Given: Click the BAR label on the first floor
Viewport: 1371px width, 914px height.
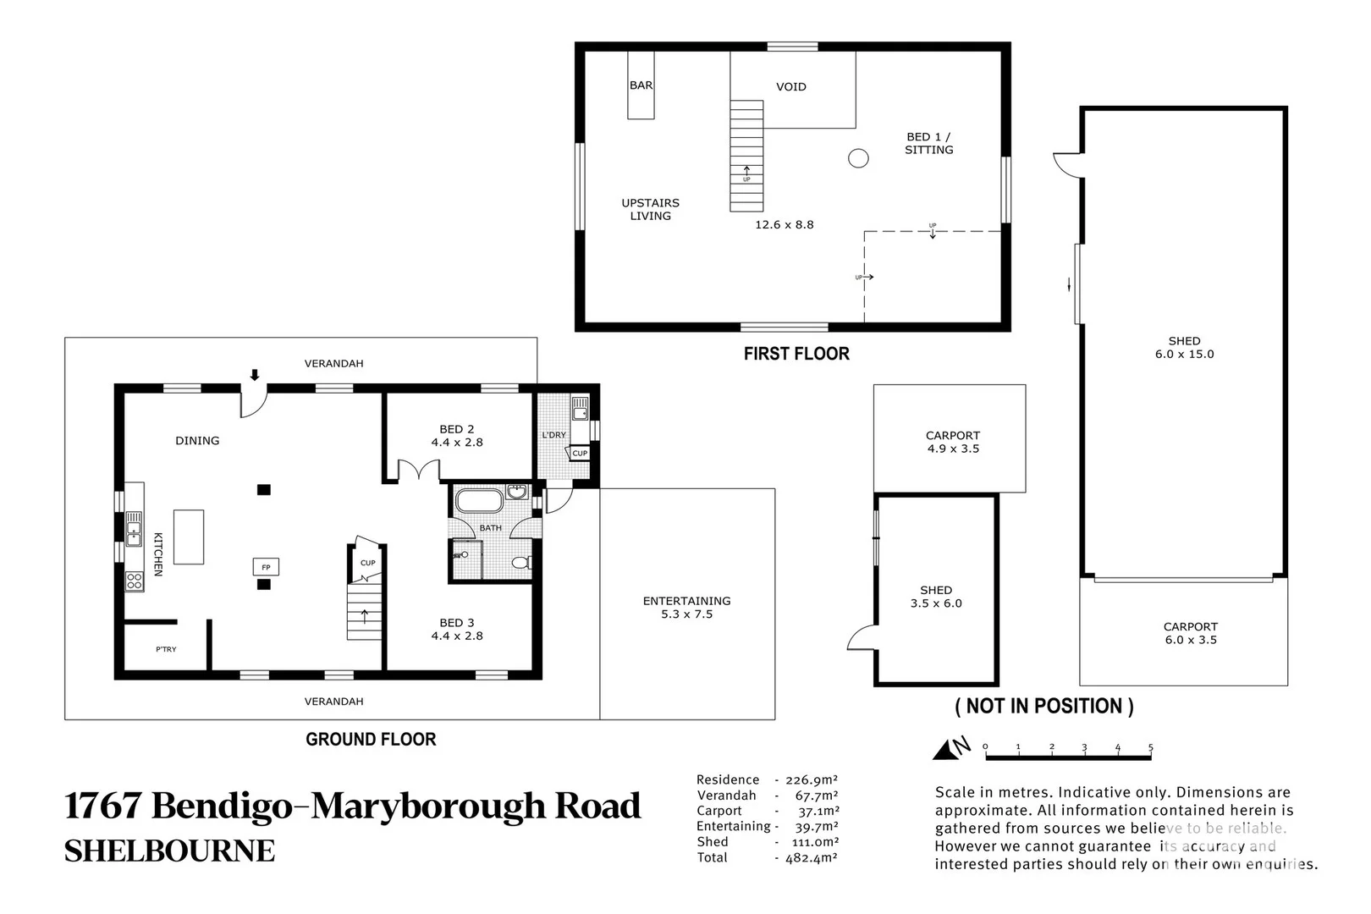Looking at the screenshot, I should coord(641,85).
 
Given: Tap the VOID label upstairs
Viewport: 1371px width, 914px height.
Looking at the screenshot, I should coord(790,86).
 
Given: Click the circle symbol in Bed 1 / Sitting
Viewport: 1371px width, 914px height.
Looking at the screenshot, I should coord(858,158).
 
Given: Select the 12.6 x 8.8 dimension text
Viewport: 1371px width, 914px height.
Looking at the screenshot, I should coord(784,225).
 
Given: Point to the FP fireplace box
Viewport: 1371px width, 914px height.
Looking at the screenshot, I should coord(265,566).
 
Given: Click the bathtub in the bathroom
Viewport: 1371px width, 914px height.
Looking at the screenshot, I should coord(479,501).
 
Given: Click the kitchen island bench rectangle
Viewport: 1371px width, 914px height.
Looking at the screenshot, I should coord(189,537).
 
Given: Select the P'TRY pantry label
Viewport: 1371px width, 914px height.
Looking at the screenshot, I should coord(166,649).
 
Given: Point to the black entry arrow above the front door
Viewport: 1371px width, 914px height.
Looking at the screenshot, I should coord(255,375).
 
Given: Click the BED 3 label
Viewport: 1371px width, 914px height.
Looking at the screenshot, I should coord(456,623).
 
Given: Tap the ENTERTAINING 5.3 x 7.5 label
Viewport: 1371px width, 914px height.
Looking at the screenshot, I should coord(686,608).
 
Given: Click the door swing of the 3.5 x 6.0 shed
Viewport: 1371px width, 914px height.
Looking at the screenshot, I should coord(862,639).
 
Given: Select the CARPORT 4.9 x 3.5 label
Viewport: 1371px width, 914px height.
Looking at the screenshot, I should coord(952,443).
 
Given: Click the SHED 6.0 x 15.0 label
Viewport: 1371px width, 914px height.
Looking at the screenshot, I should coord(1184,348).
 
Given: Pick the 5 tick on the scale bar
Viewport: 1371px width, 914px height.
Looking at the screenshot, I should coord(1150,748).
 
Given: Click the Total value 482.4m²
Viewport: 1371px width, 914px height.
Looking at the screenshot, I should coord(806,857).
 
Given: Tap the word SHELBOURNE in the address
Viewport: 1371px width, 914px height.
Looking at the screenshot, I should coord(169,851).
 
